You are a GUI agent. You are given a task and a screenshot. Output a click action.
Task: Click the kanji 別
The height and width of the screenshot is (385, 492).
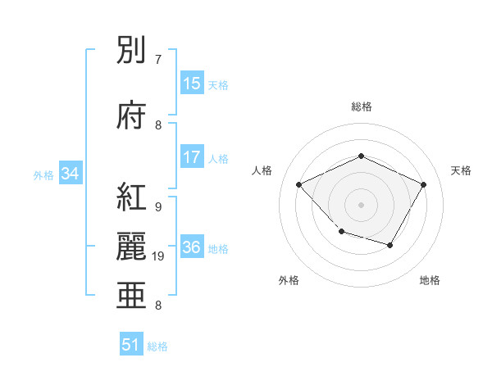click(x=132, y=52)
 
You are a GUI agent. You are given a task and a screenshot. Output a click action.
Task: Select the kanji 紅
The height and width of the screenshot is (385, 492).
click(x=132, y=197)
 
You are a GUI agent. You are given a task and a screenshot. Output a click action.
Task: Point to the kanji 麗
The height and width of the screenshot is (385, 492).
click(x=132, y=246)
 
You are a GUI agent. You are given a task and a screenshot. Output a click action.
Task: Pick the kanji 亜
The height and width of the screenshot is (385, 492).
click(x=132, y=294)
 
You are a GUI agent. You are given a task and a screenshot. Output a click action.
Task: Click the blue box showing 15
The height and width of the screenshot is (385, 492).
click(x=192, y=84)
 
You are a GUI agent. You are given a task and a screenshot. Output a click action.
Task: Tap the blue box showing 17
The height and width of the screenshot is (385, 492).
click(x=192, y=157)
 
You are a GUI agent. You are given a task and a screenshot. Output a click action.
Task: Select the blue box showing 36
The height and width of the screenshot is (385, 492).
click(x=192, y=247)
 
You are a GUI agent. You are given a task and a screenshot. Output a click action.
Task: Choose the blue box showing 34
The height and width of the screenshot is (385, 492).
click(x=70, y=174)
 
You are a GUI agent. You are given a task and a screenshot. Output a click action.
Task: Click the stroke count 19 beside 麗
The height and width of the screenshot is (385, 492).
click(x=159, y=256)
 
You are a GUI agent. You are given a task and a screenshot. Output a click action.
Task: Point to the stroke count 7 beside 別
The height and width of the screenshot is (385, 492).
click(x=158, y=60)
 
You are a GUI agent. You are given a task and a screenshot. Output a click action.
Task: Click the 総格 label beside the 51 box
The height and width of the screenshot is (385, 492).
click(x=157, y=346)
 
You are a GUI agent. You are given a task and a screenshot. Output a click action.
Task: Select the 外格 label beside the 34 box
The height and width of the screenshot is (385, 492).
click(x=43, y=174)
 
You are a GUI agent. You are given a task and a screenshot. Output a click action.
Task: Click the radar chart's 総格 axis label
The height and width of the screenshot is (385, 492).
click(x=361, y=106)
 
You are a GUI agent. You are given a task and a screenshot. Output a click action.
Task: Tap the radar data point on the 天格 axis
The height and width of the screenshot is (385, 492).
click(x=424, y=184)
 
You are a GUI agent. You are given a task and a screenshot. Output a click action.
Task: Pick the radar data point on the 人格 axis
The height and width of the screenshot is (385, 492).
click(x=299, y=184)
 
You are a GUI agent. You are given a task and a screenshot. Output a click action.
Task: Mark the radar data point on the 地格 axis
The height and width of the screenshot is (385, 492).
click(x=390, y=245)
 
